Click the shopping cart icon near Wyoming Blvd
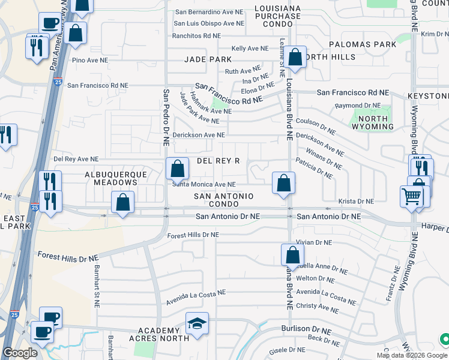click(x=412, y=196)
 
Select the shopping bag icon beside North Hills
click(x=295, y=58)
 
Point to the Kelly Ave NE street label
click(x=250, y=48)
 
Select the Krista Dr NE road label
click(x=356, y=202)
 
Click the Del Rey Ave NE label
click(x=76, y=159)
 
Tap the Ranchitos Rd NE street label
click(x=196, y=35)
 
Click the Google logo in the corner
click(x=20, y=353)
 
